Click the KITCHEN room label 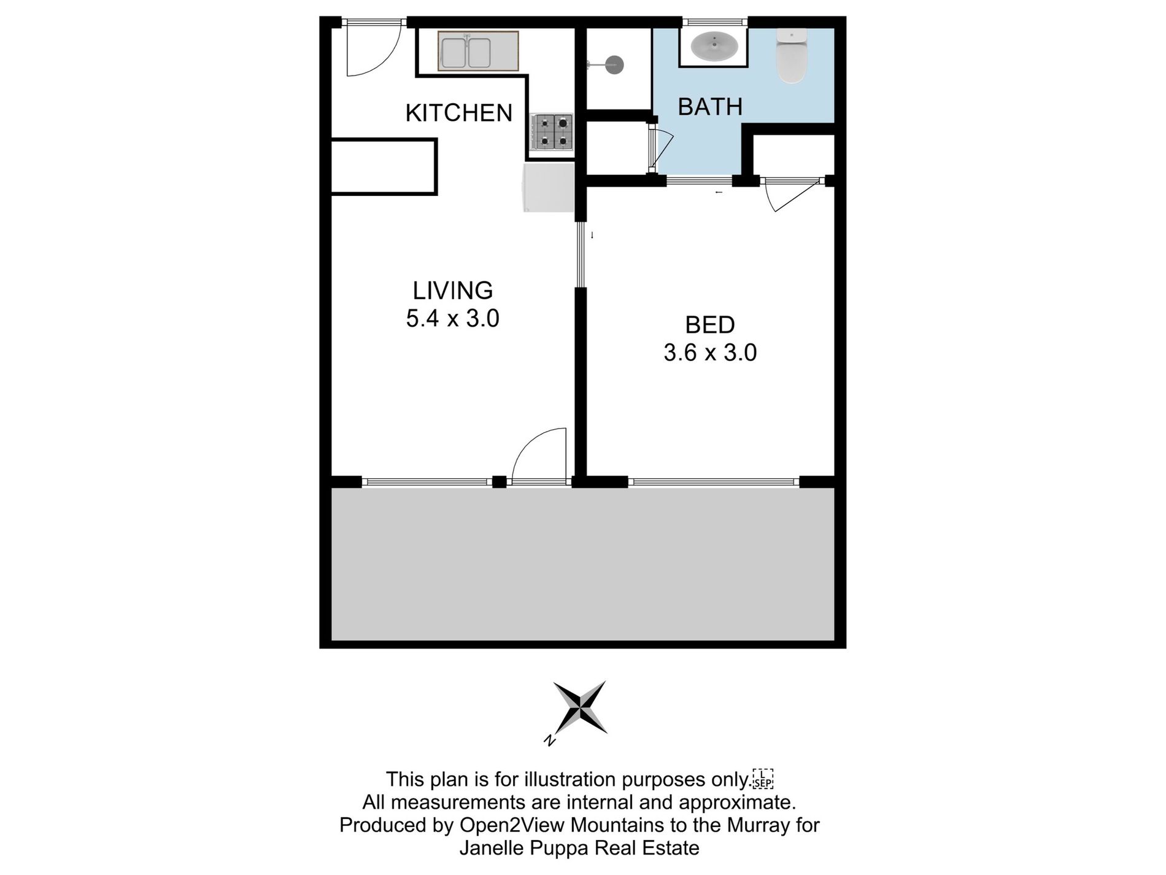tap(458, 113)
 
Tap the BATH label tap(710, 107)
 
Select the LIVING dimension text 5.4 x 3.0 tap(452, 319)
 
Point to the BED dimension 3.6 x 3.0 tap(710, 353)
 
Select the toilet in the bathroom tap(792, 56)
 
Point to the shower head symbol tap(614, 64)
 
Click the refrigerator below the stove tap(548, 187)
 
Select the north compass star tap(581, 707)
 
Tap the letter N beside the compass tap(550, 741)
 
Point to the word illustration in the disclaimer tap(570, 779)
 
